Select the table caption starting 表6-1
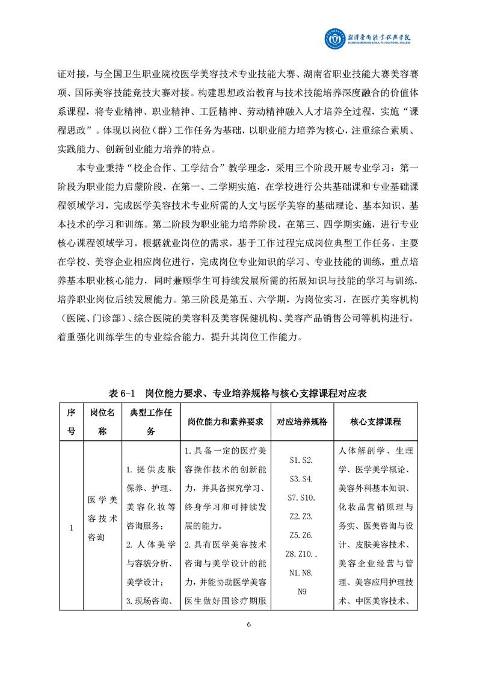coord(238,393)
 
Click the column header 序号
coord(71,422)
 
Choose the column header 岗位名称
coord(102,422)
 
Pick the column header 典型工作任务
coord(150,422)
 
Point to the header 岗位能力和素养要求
coord(221,422)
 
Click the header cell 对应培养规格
coord(301,422)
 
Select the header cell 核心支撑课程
coord(375,422)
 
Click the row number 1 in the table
coord(71,528)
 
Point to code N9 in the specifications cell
coord(301,592)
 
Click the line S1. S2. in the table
coord(301,460)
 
